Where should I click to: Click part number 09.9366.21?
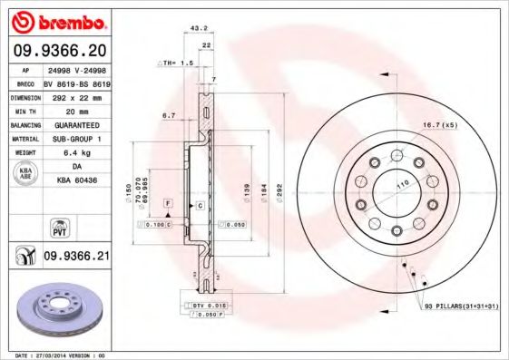[76, 258]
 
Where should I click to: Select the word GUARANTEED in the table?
[76, 124]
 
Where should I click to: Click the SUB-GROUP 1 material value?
[76, 139]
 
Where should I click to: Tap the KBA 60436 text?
[76, 181]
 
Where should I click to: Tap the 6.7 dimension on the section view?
[169, 116]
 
